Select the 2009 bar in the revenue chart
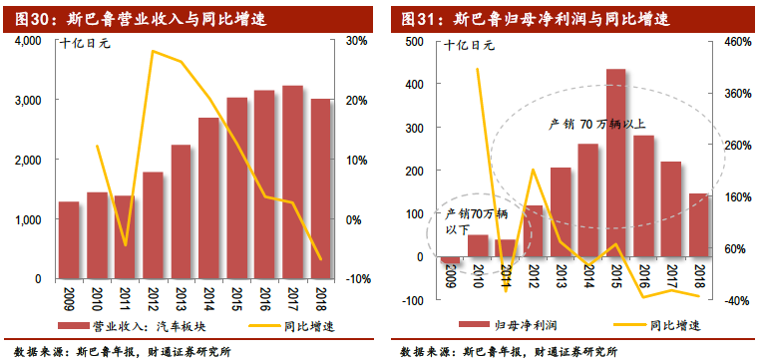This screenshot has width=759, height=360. [69, 240]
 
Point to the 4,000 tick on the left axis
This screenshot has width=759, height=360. [25, 41]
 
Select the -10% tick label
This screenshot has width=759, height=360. [357, 279]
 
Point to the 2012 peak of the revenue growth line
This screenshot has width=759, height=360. [153, 51]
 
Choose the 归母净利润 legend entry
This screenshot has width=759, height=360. [523, 325]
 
